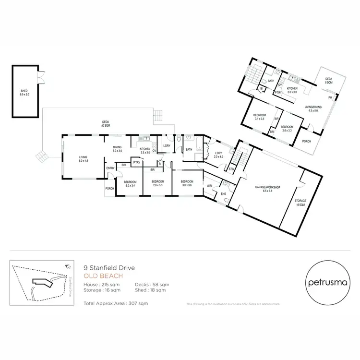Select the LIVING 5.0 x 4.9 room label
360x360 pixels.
pos(83,159)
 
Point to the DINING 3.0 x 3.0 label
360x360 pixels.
pos(118,149)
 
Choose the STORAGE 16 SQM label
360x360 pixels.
pos(300,202)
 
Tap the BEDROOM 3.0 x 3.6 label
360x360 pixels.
pos(186,183)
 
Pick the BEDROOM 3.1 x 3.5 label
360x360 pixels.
pos(259,116)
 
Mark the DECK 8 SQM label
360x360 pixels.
pos(328,80)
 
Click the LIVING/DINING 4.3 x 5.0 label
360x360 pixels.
pos(313,109)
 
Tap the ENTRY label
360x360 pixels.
pos(110,168)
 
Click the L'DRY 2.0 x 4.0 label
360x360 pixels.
pos(218,155)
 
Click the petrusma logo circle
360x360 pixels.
pos(325,281)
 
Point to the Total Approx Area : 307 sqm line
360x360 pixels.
pos(116,303)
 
